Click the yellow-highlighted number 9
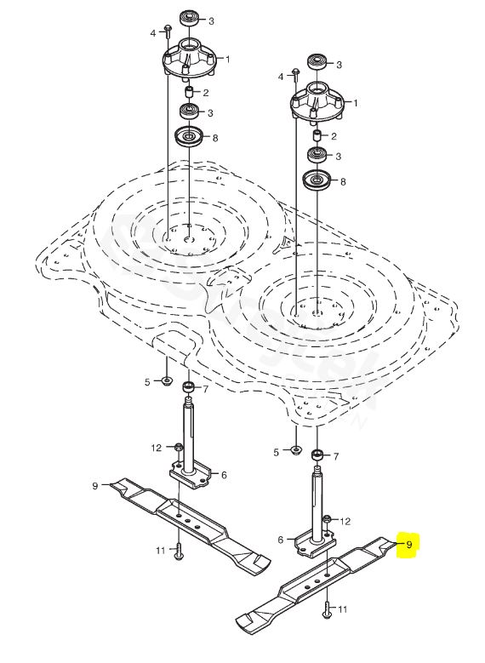408,545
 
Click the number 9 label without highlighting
95,486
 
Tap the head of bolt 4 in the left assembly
168,28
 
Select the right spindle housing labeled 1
317,103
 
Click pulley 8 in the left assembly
189,136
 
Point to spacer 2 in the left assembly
190,92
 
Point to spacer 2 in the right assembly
317,135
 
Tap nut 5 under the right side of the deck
296,450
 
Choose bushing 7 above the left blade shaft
189,387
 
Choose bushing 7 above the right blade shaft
317,456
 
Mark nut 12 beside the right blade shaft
327,519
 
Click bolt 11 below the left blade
179,551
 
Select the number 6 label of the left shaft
224,475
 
